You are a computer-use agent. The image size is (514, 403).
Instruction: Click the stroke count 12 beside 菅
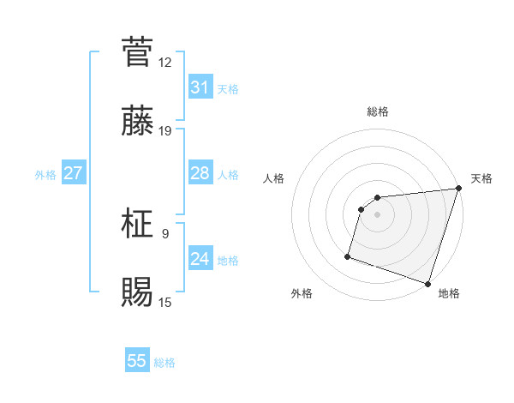[x=165, y=62]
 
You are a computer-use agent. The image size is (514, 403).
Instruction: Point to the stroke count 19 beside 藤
[x=165, y=131]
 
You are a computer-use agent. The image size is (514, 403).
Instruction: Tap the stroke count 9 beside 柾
[x=165, y=232]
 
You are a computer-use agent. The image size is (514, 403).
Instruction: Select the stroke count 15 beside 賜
[x=165, y=302]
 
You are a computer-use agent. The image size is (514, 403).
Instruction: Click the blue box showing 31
[x=200, y=87]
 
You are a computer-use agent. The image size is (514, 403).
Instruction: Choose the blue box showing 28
[x=200, y=173]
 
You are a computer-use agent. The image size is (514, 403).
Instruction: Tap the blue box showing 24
[x=200, y=259]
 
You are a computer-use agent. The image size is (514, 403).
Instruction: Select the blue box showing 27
[x=73, y=173]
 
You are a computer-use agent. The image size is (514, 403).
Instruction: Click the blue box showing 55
[x=137, y=361]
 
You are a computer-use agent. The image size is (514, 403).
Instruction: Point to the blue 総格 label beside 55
[x=164, y=363]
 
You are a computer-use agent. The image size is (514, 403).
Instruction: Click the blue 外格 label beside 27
[x=45, y=175]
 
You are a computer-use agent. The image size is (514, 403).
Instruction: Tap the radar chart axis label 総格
[x=378, y=112]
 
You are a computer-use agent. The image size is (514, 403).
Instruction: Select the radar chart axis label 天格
[x=481, y=178]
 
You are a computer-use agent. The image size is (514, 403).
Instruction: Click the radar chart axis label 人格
[x=274, y=178]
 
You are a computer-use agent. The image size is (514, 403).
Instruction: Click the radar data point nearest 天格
[x=458, y=189]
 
